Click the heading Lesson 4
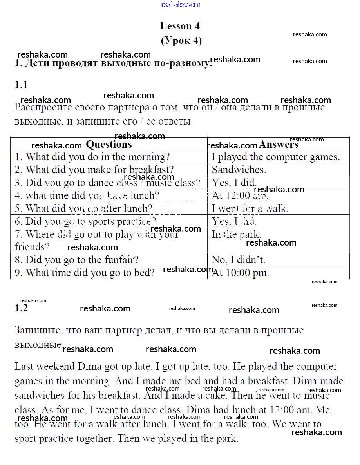180,26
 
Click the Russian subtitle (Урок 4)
181,41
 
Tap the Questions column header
109,145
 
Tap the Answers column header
278,145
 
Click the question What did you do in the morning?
92,157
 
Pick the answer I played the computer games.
275,157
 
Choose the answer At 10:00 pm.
240,273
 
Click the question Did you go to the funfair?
77,260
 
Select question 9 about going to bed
85,273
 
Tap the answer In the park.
236,235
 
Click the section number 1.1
21,85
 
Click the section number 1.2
21,308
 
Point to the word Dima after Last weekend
89,367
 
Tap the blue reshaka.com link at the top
180,4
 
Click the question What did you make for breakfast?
94,170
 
